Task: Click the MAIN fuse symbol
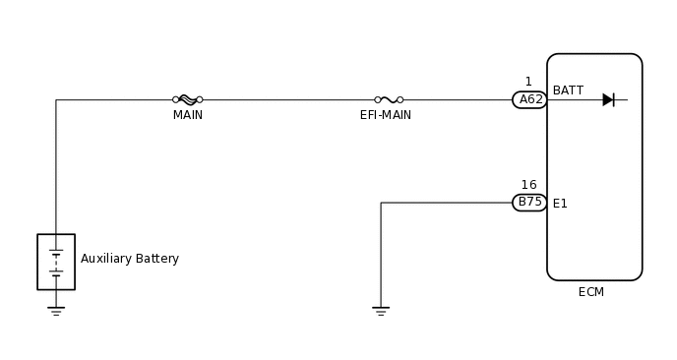point(187,99)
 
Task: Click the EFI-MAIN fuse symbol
point(389,99)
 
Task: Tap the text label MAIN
point(187,115)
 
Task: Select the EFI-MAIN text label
point(386,115)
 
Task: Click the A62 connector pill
point(529,99)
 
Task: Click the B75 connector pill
point(529,203)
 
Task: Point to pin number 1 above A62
point(528,82)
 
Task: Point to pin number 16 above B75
point(528,185)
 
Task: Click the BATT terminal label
point(568,90)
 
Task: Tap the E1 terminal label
point(560,204)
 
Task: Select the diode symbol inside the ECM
point(608,99)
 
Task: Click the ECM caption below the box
point(591,292)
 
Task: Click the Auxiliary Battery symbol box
point(56,262)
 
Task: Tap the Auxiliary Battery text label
point(130,259)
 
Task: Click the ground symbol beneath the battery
point(56,311)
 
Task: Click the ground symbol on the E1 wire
point(381,311)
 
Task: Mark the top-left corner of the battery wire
point(56,99)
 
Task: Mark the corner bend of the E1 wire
point(381,203)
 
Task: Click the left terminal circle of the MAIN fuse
point(175,99)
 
